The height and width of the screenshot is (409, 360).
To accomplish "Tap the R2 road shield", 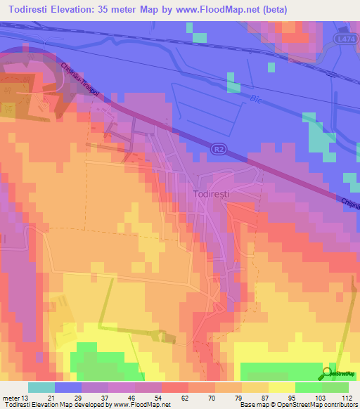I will (x=219, y=148).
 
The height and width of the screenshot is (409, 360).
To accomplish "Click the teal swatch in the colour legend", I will (x=41, y=387).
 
